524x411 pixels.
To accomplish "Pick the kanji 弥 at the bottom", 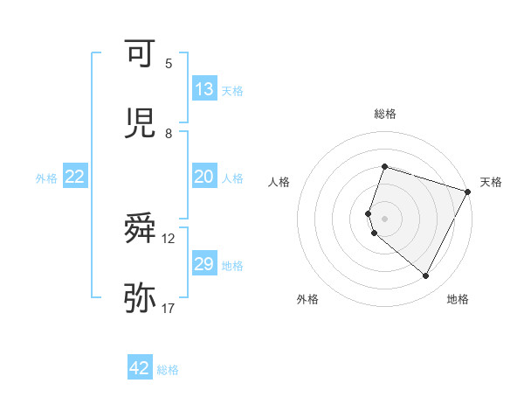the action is (140, 297).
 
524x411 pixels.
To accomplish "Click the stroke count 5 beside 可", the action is (169, 64).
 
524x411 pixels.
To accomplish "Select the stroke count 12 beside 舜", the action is (169, 239).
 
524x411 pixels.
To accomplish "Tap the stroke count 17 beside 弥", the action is (169, 307).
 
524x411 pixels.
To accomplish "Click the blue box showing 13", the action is (204, 89).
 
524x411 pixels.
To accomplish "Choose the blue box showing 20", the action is (204, 177).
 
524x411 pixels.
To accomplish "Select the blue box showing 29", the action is (204, 264).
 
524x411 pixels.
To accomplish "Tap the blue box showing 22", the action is (75, 177).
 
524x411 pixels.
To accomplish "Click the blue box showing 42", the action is (140, 368).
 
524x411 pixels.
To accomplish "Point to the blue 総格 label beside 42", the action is (168, 370).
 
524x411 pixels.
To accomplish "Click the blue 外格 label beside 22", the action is (46, 178).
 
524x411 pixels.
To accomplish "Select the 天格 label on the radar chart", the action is (491, 182).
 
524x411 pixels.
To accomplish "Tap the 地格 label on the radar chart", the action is (458, 299).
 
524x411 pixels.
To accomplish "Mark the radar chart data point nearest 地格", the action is (425, 276).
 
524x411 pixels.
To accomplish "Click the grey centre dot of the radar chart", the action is (384, 218).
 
